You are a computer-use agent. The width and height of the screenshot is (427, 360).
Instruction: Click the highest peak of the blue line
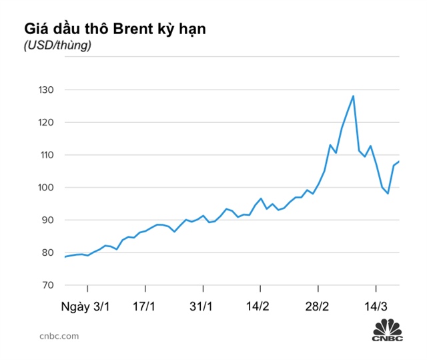pos(353,96)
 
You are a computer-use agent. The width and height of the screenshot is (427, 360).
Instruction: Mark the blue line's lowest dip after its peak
pos(388,194)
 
